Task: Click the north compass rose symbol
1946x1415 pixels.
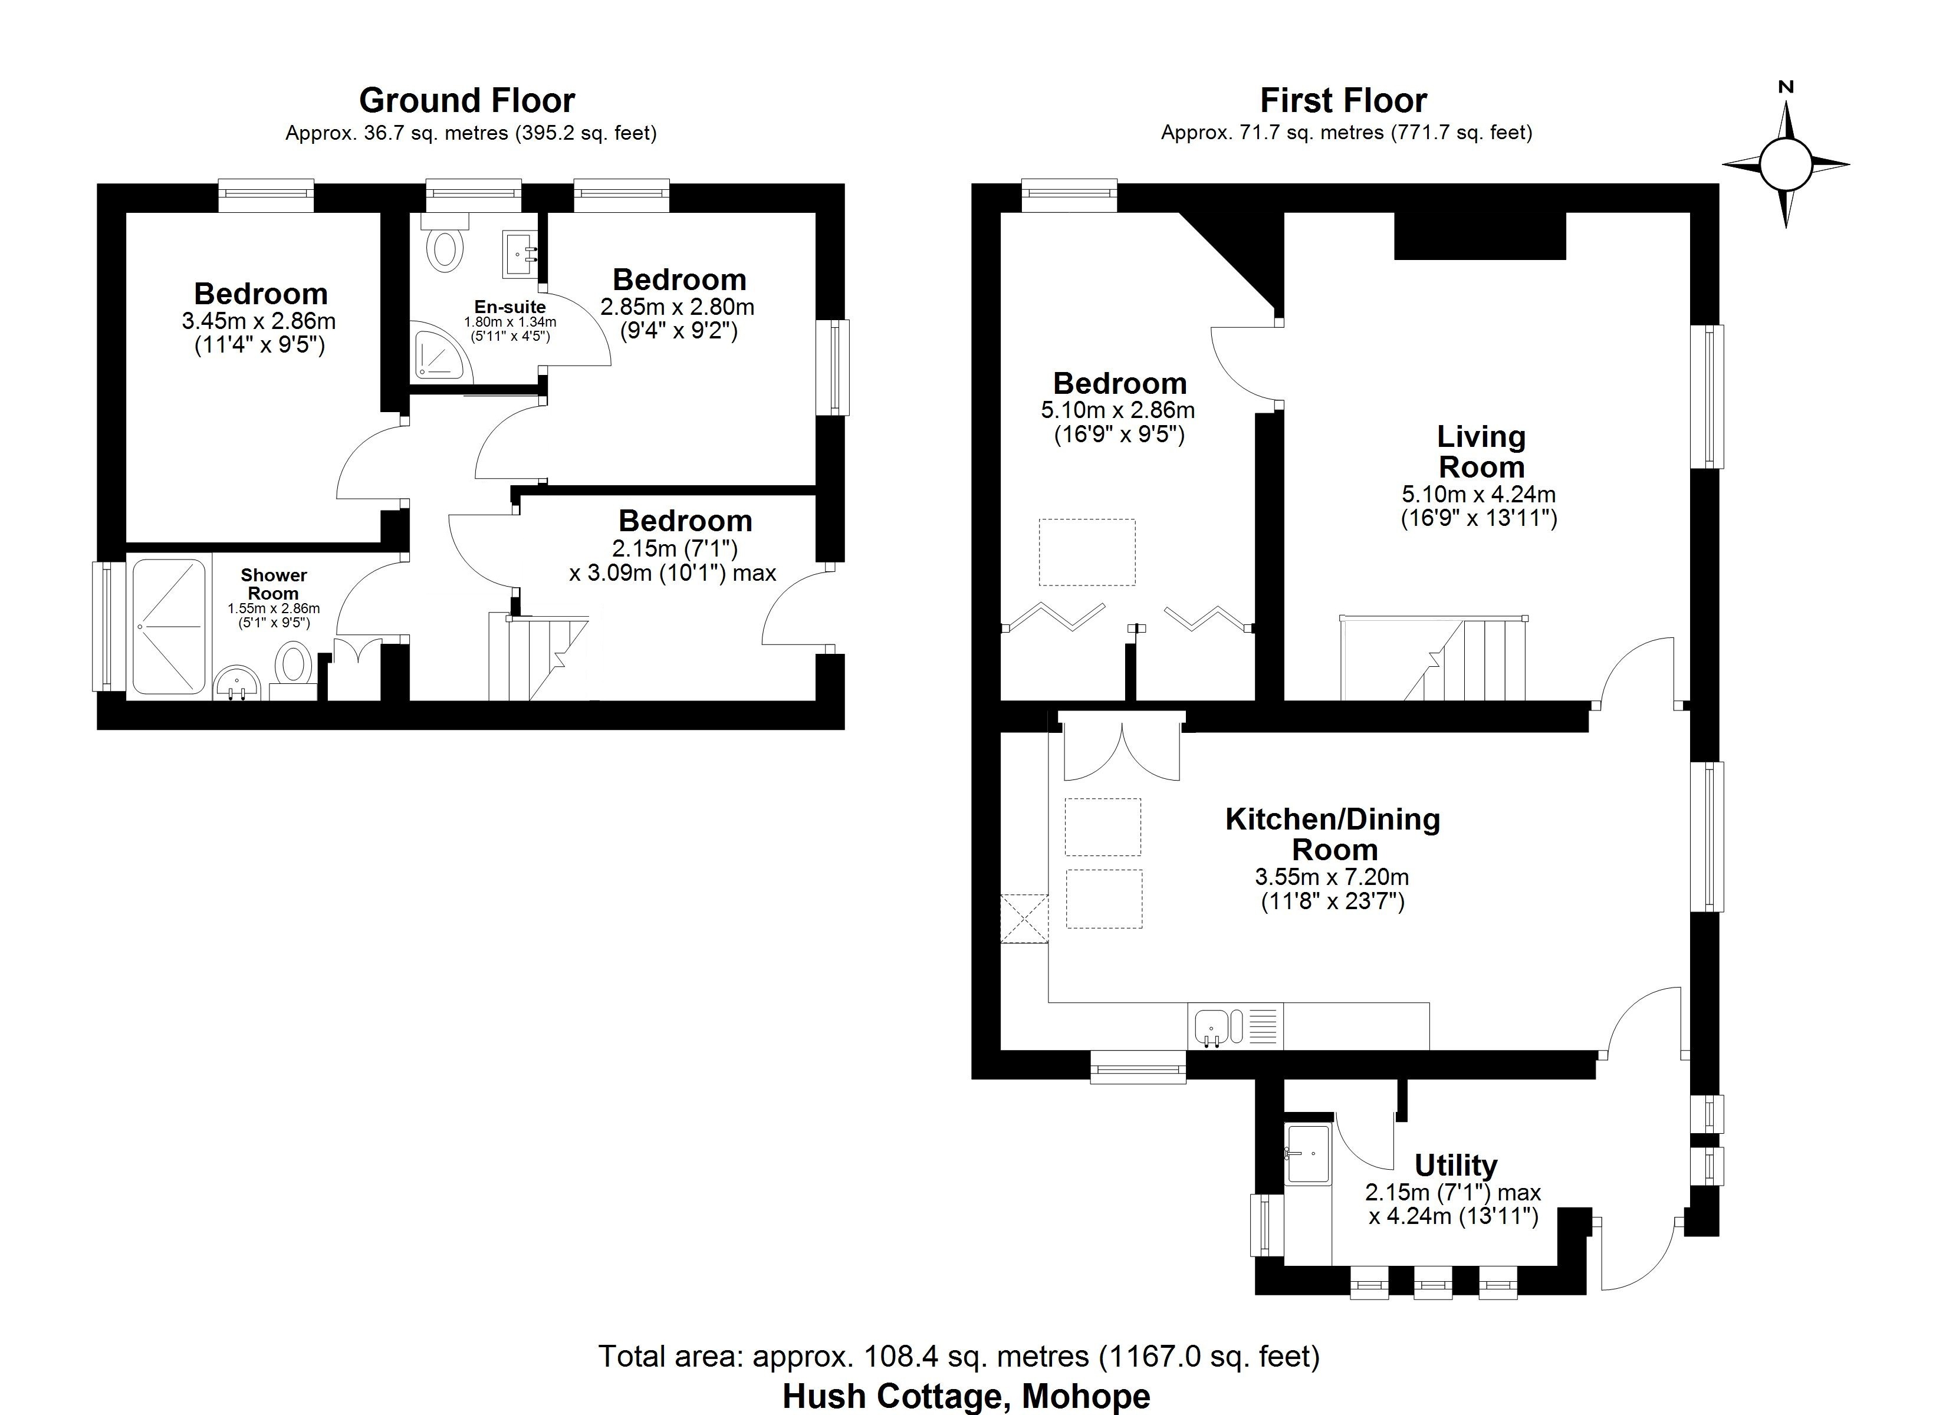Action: (x=1786, y=164)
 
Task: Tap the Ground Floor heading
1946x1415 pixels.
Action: (x=467, y=100)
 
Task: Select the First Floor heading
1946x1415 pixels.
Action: (x=1343, y=100)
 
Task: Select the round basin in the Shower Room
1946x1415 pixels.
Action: (x=237, y=684)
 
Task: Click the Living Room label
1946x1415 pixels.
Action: (x=1481, y=452)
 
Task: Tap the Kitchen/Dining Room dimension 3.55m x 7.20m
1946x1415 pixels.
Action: (x=1332, y=877)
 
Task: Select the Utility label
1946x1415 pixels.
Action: (x=1455, y=1164)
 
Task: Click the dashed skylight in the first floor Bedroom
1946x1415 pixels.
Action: (x=1087, y=552)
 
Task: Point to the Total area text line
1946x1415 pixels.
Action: (x=958, y=1357)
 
